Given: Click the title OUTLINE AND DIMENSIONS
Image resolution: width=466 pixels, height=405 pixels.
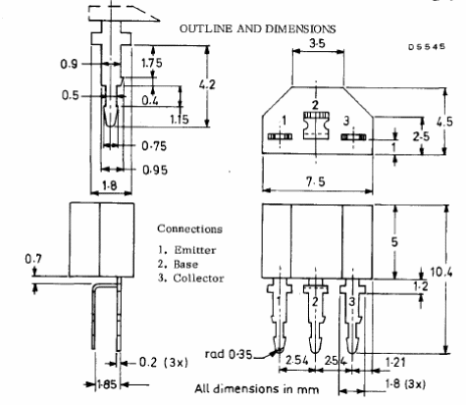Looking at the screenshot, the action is click(258, 28).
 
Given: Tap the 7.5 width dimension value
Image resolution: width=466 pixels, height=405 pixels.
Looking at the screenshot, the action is click(316, 180).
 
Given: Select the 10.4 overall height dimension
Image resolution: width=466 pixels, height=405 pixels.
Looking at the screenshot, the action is click(441, 272).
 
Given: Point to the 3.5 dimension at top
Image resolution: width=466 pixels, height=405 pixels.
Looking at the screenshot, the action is click(318, 43).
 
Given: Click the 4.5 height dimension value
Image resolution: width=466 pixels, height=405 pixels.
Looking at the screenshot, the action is click(444, 122).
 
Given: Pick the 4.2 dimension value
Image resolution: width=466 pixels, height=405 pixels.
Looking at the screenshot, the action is click(208, 84).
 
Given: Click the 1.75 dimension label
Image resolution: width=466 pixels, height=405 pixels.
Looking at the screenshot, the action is click(151, 62).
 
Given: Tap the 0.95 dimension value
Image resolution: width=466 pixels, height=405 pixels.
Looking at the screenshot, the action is click(155, 170).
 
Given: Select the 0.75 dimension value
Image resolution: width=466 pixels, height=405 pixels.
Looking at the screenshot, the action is click(154, 146).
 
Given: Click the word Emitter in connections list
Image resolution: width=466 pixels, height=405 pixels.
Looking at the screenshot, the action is click(195, 250).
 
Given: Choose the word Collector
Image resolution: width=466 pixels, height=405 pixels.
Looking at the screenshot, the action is click(198, 278).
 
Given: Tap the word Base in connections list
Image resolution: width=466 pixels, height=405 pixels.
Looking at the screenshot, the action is click(185, 264).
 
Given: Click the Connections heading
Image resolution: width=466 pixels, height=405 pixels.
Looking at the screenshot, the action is click(189, 228).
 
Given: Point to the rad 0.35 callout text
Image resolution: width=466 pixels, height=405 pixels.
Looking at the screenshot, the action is click(229, 354).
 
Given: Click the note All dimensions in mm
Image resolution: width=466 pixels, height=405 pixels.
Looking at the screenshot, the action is click(256, 389).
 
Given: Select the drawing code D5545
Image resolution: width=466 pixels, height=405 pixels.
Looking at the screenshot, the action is click(427, 47).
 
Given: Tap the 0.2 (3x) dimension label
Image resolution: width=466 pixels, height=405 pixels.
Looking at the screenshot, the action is click(164, 362).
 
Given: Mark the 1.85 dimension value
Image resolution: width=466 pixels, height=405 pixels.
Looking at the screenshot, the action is click(107, 384).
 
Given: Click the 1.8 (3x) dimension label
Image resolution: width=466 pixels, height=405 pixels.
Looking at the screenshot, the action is click(405, 383).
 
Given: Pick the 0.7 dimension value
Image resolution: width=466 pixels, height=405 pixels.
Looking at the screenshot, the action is click(33, 259).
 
